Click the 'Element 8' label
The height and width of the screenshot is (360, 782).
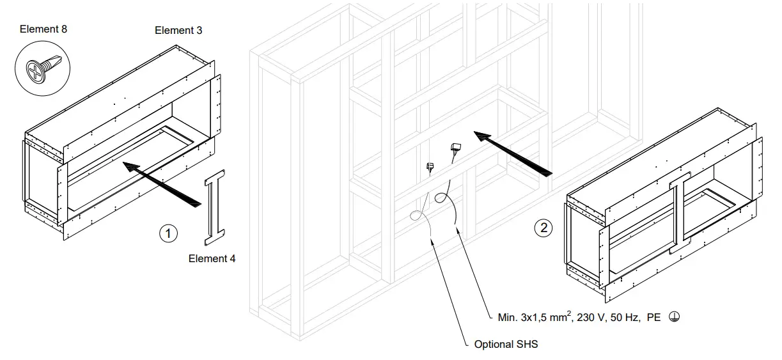pyautogui.click(x=43, y=29)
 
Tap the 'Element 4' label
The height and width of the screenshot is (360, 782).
pyautogui.click(x=212, y=259)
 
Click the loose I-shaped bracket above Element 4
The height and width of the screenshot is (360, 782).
pyautogui.click(x=215, y=208)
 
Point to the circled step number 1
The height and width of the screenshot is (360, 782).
pyautogui.click(x=168, y=233)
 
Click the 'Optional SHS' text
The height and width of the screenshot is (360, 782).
pyautogui.click(x=506, y=345)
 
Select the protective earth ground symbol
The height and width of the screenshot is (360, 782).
pyautogui.click(x=673, y=317)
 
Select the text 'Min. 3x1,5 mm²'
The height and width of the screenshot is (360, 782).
pyautogui.click(x=535, y=317)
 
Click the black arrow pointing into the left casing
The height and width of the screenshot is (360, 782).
pyautogui.click(x=163, y=183)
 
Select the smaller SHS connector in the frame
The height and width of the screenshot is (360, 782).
pyautogui.click(x=430, y=168)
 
